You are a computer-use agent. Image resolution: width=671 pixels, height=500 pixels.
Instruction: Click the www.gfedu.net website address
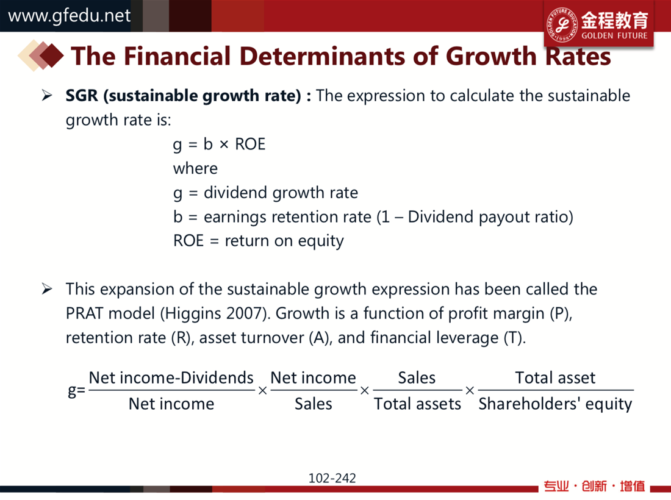click(70, 16)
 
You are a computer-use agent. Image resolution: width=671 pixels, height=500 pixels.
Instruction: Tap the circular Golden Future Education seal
click(562, 25)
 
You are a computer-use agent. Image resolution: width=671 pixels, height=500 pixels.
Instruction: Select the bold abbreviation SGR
click(82, 95)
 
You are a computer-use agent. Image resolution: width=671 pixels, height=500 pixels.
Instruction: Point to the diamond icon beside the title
click(41, 55)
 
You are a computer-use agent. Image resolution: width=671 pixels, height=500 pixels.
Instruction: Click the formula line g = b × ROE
click(219, 144)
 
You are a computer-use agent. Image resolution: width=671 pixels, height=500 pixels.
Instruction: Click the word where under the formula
click(195, 168)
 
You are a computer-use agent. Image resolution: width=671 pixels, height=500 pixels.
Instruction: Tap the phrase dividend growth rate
click(281, 193)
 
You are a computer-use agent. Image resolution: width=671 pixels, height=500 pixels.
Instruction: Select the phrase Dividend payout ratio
click(487, 217)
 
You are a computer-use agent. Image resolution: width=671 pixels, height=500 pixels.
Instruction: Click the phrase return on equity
click(284, 241)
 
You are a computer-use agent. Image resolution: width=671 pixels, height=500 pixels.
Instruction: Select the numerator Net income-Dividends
click(171, 378)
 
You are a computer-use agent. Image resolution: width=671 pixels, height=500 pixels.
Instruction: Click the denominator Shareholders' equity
click(556, 404)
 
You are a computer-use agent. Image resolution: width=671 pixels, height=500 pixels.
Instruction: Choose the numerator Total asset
click(556, 378)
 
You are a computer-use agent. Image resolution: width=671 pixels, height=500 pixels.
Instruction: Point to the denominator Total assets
click(418, 404)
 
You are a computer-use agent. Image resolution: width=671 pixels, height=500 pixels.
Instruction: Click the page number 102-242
click(332, 478)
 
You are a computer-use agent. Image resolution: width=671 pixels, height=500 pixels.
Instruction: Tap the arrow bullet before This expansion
click(47, 289)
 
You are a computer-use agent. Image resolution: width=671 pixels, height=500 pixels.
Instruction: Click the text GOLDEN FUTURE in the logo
click(614, 36)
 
